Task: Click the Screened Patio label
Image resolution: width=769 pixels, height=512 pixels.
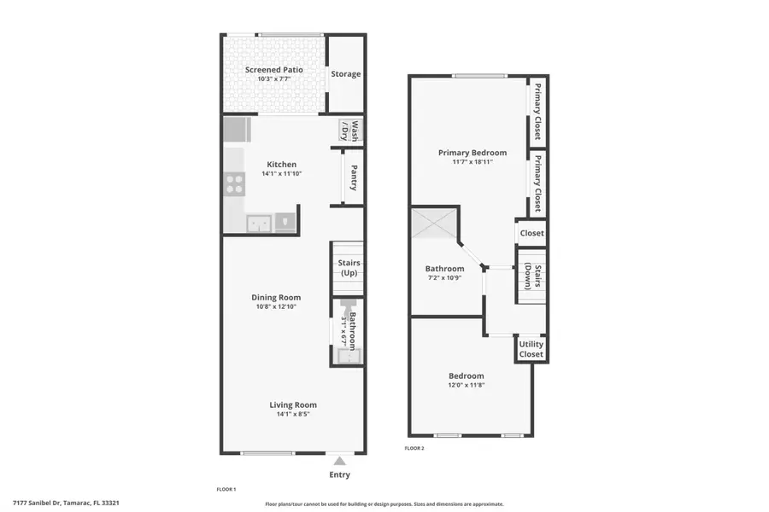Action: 274,69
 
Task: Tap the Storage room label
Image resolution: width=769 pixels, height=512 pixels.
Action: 346,74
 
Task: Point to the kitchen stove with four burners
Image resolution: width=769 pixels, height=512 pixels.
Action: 233,184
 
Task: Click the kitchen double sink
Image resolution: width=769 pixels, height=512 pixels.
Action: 259,224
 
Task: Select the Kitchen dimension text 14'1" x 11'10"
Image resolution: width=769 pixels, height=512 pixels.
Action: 282,174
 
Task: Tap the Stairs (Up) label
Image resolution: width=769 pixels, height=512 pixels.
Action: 349,268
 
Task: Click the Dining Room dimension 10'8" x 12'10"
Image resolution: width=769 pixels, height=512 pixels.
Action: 276,307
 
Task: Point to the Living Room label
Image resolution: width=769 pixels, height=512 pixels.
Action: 293,405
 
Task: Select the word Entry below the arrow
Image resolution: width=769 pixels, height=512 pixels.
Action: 339,475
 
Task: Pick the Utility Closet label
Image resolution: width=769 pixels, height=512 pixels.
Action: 531,349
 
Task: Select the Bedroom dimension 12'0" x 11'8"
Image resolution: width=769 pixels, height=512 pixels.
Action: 467,386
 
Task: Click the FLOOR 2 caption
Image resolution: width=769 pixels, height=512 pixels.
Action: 414,448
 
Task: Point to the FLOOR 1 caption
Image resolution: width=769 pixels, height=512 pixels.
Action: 226,490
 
